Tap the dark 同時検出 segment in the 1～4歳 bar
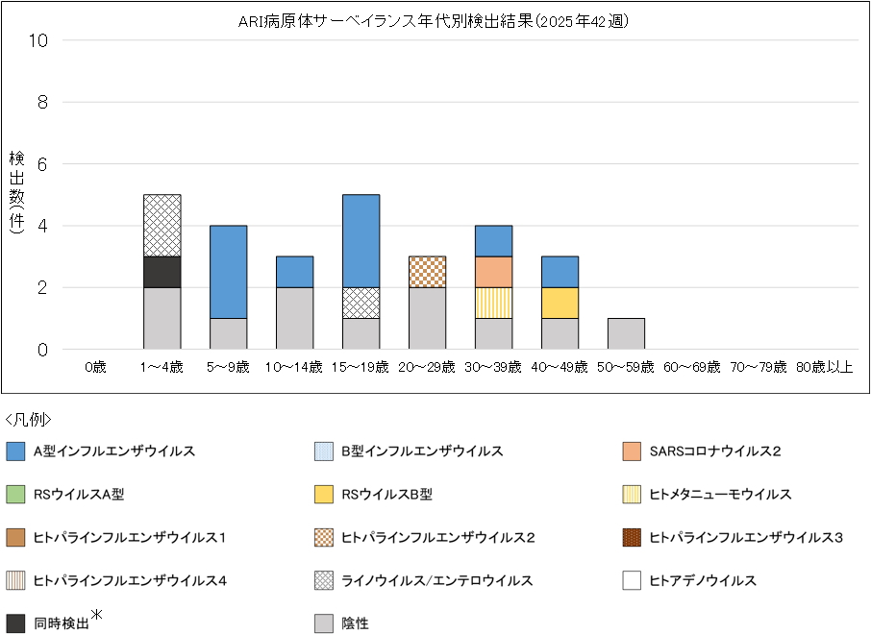pyautogui.click(x=162, y=272)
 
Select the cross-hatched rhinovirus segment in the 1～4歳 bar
pyautogui.click(x=162, y=226)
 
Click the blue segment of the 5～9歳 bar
pyautogui.click(x=229, y=272)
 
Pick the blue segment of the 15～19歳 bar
pyautogui.click(x=361, y=241)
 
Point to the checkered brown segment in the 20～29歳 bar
pyautogui.click(x=427, y=272)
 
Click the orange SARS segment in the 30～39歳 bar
pyautogui.click(x=493, y=272)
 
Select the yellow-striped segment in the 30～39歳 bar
pyautogui.click(x=493, y=303)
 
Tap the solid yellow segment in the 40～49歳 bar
pyautogui.click(x=560, y=303)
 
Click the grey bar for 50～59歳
pyautogui.click(x=626, y=334)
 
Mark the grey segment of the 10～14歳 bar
pyautogui.click(x=294, y=319)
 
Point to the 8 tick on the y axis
pyautogui.click(x=42, y=102)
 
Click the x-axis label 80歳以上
pyautogui.click(x=824, y=367)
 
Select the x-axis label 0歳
pyautogui.click(x=95, y=367)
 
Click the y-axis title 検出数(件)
pyautogui.click(x=17, y=192)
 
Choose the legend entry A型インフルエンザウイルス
pyautogui.click(x=114, y=451)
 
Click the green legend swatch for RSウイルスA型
pyautogui.click(x=15, y=495)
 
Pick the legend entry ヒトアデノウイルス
pyautogui.click(x=703, y=580)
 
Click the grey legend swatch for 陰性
pyautogui.click(x=324, y=623)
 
